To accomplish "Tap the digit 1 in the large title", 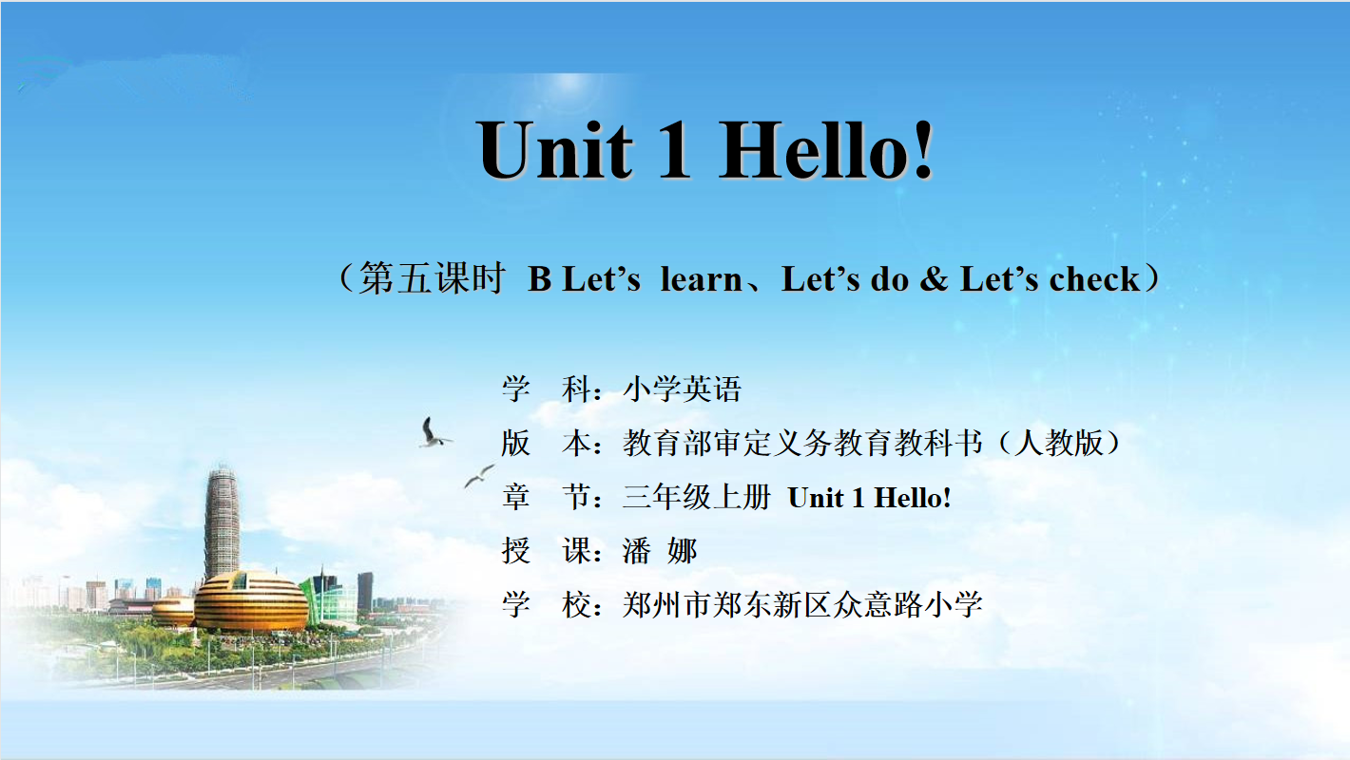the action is click(x=674, y=149).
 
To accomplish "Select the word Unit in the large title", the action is click(x=555, y=149).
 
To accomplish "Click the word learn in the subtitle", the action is click(x=701, y=279).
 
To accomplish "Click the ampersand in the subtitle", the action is click(x=934, y=279).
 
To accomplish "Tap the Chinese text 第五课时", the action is click(x=432, y=278).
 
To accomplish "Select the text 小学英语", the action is click(x=682, y=389).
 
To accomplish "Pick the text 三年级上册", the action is click(x=696, y=497).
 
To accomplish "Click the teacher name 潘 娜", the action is click(x=660, y=551).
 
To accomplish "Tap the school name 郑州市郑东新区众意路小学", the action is click(x=802, y=604).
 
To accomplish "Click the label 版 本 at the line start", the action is click(x=546, y=443).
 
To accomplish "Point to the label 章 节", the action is click(x=546, y=497).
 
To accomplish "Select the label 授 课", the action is click(x=546, y=551).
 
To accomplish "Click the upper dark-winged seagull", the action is click(x=433, y=433).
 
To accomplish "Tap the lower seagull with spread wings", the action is click(x=479, y=476).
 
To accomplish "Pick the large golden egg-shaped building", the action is click(x=251, y=601).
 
